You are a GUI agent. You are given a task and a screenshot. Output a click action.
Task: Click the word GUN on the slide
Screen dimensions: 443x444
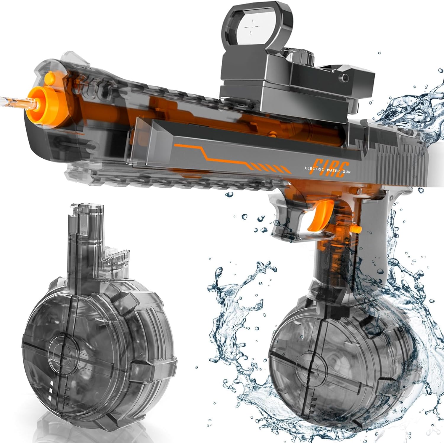(x=345, y=171)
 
